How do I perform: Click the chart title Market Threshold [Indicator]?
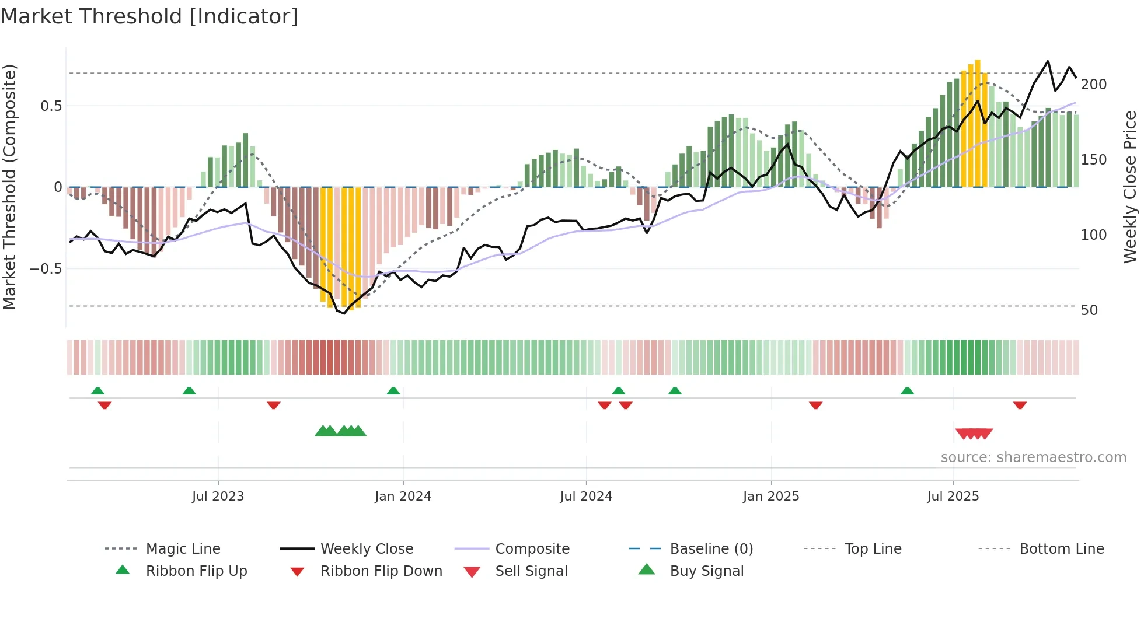149,16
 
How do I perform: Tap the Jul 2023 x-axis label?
218,497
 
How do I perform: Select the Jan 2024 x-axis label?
403,497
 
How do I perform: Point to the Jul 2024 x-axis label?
586,497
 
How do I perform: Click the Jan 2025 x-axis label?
771,497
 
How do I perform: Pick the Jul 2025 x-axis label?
953,497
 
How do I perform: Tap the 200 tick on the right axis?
1094,85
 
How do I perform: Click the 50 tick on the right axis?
1089,310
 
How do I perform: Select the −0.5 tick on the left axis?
46,269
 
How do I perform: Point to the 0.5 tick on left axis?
51,106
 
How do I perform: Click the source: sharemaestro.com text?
1033,457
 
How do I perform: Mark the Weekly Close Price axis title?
1130,187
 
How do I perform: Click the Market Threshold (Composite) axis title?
9,187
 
